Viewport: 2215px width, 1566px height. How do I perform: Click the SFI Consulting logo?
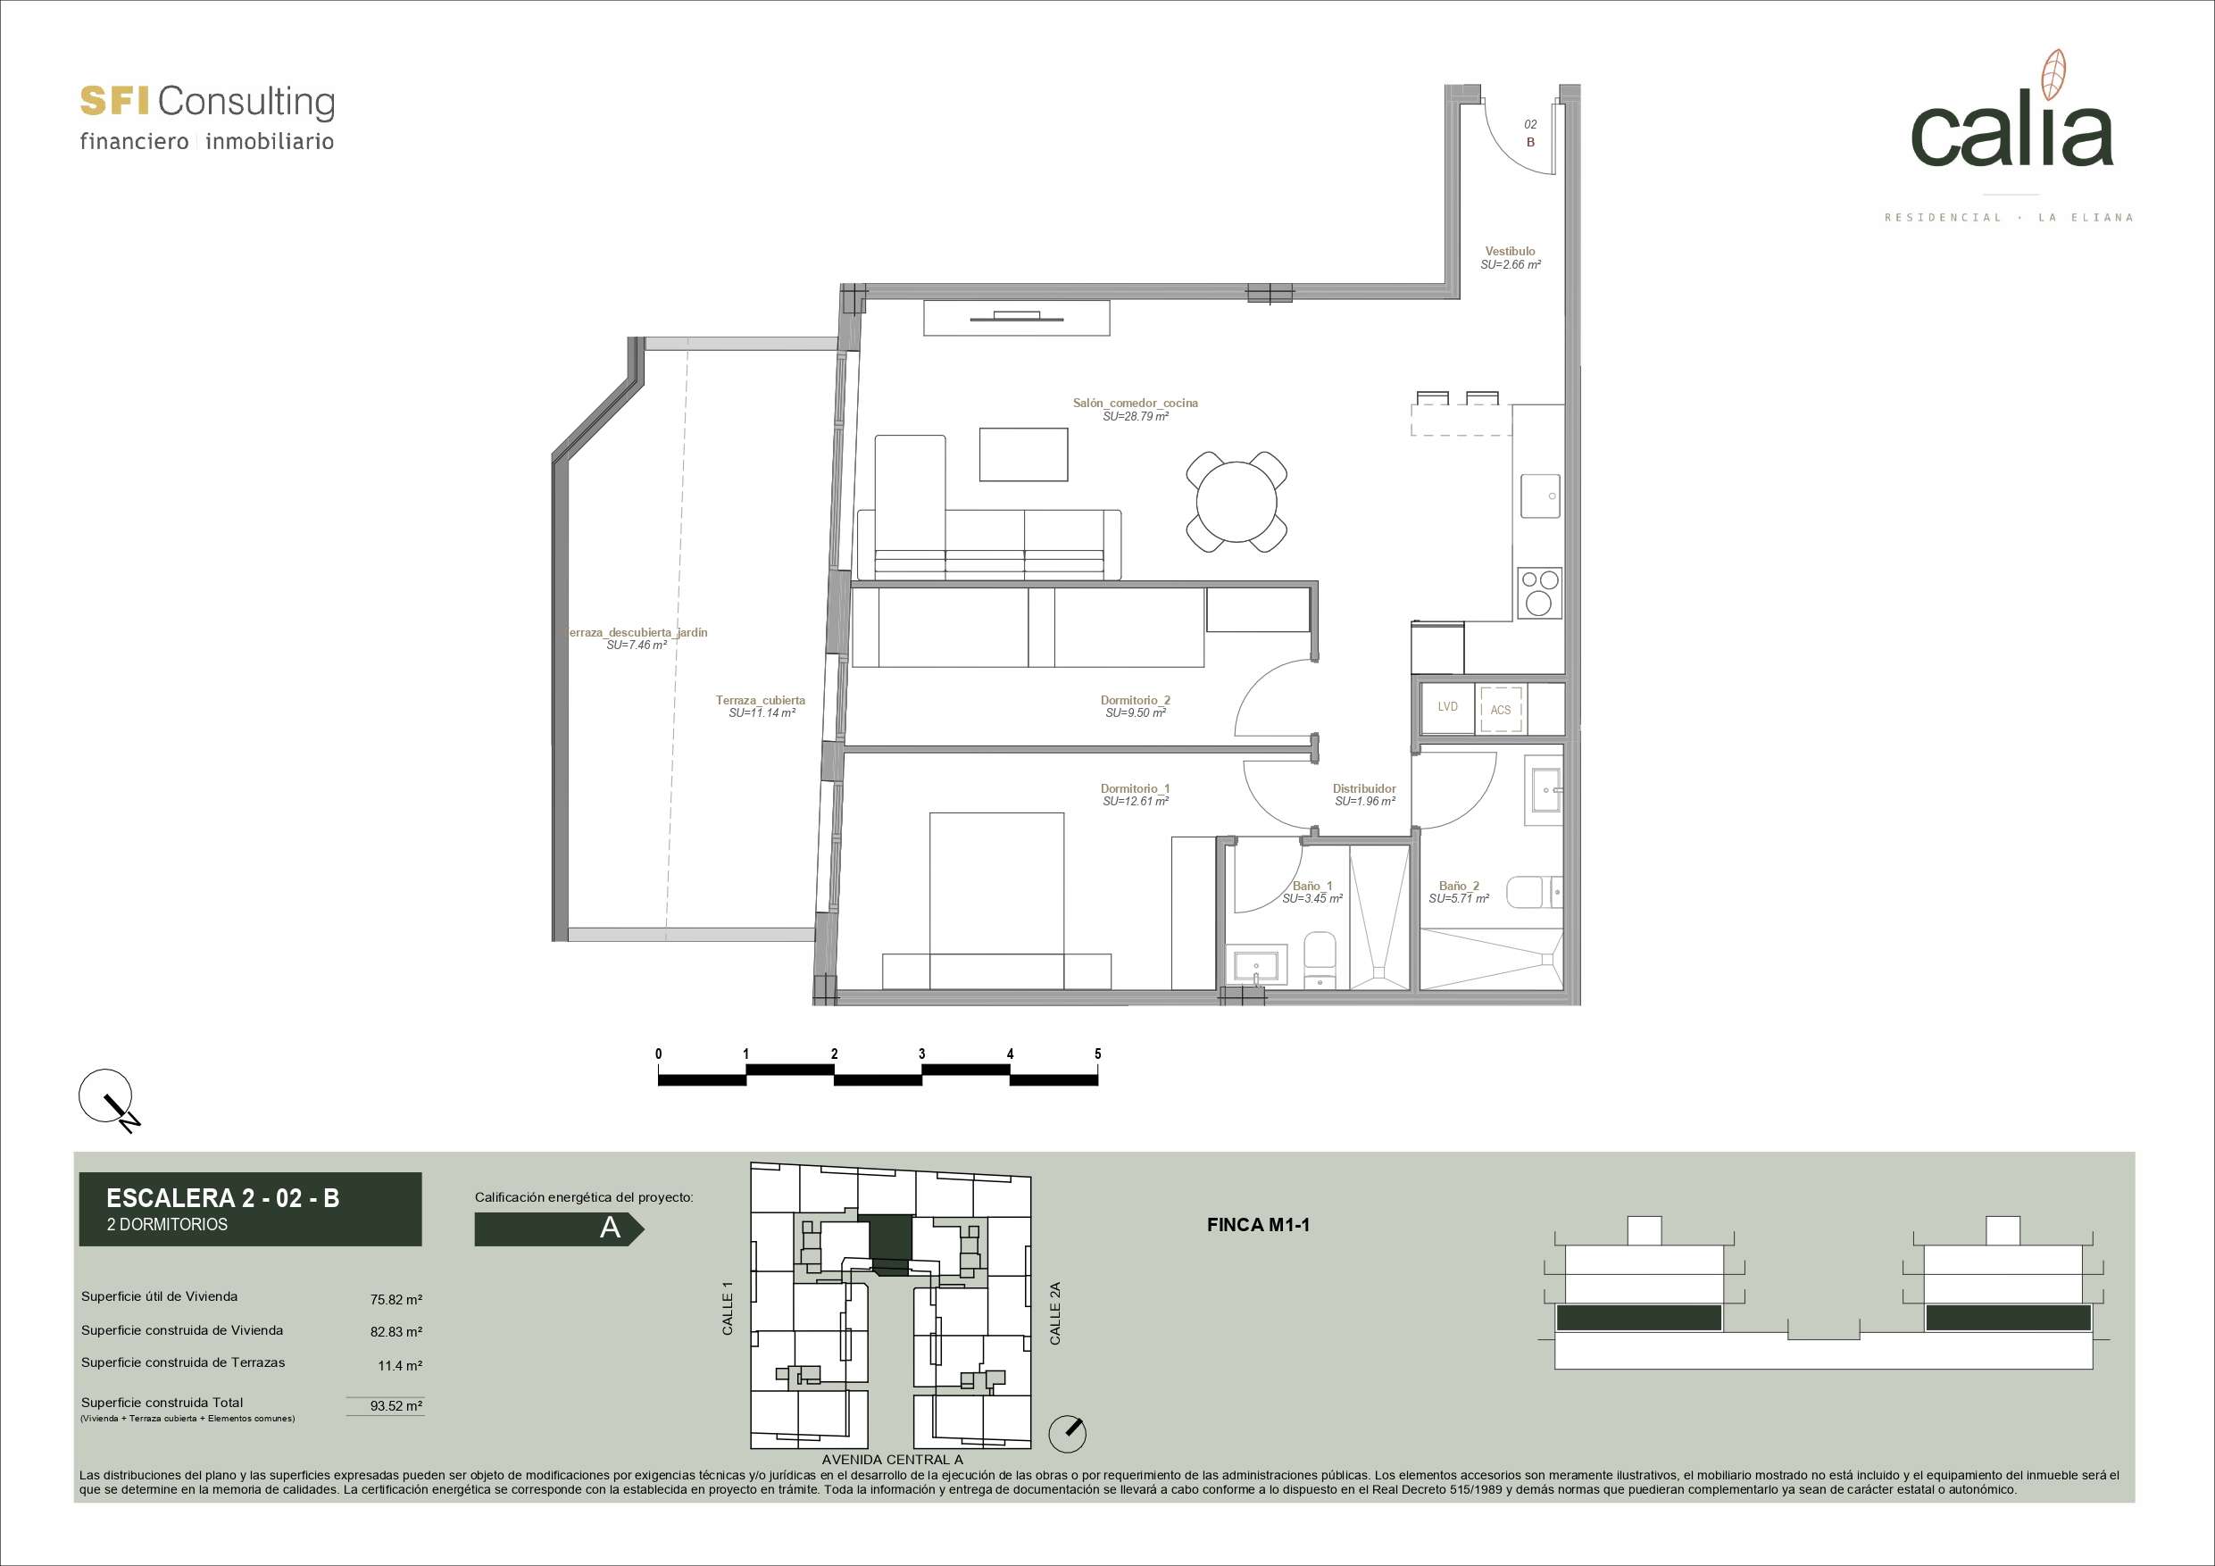coord(207,118)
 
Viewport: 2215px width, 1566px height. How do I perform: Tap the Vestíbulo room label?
coord(1510,251)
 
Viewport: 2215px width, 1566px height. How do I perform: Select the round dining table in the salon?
coord(1236,502)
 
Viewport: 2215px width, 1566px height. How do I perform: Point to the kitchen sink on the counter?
coord(1542,495)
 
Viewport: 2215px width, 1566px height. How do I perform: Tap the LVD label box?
coord(1447,707)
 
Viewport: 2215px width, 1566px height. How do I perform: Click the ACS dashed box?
coord(1501,709)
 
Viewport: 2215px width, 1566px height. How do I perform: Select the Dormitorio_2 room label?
coord(1136,701)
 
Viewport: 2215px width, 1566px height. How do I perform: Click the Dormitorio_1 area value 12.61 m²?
coord(1136,802)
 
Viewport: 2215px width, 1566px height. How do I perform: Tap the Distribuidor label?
coord(1364,788)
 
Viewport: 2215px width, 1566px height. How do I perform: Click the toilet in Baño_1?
coord(1319,959)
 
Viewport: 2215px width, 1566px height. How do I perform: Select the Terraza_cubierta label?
coord(760,701)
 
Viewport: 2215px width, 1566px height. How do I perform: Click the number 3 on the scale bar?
coord(921,1054)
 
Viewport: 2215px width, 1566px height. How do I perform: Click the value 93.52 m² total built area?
coord(396,1406)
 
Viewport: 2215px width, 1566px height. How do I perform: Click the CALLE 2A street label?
coord(1054,1313)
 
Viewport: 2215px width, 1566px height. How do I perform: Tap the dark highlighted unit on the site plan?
coord(890,1244)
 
